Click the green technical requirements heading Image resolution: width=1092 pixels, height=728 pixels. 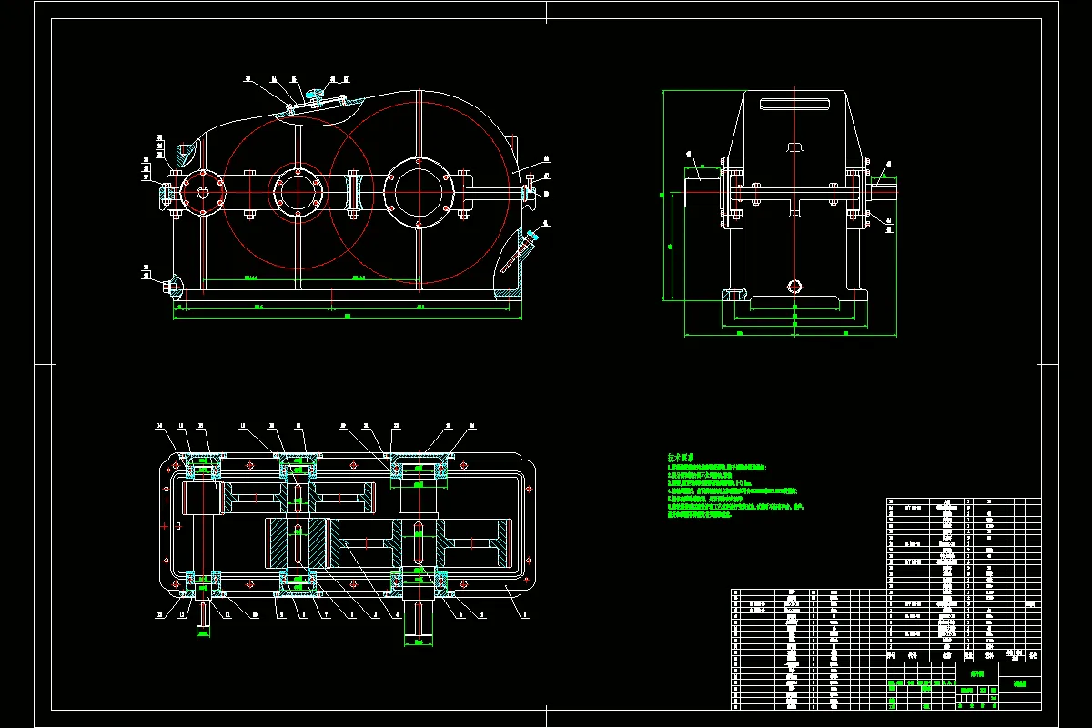click(x=682, y=458)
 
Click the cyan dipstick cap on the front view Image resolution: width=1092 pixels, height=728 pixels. click(x=531, y=236)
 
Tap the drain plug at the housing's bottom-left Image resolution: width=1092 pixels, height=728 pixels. click(x=169, y=286)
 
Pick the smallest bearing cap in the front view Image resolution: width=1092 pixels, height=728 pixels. click(x=202, y=193)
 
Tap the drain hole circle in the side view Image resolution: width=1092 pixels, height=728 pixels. click(x=795, y=287)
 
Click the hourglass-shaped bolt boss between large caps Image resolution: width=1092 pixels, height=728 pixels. click(x=355, y=193)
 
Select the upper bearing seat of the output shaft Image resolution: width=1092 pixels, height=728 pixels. click(x=418, y=469)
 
